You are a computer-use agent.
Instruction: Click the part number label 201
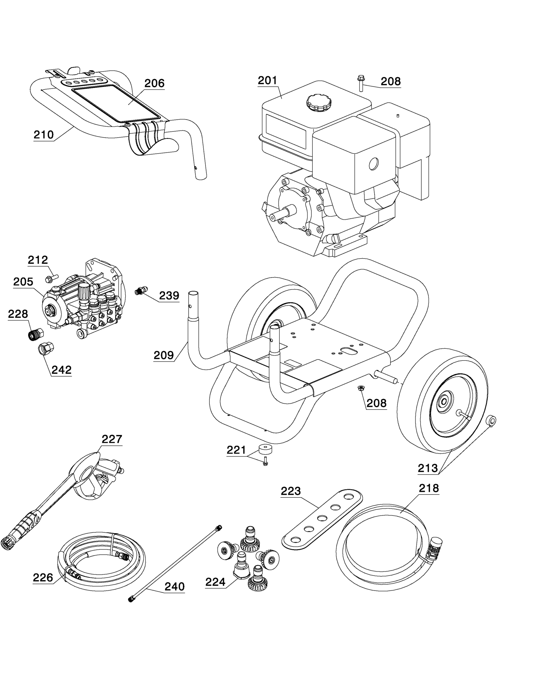pyautogui.click(x=267, y=81)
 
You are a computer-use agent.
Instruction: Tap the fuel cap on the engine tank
pyautogui.click(x=319, y=102)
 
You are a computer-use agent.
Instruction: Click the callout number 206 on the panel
pyautogui.click(x=154, y=83)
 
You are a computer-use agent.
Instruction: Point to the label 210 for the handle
pyautogui.click(x=44, y=134)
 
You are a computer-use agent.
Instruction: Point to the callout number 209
pyautogui.click(x=164, y=355)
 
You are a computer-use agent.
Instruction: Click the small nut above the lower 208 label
pyautogui.click(x=360, y=388)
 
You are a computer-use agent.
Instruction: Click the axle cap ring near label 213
pyautogui.click(x=492, y=420)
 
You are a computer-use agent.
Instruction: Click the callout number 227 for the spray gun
pyautogui.click(x=112, y=439)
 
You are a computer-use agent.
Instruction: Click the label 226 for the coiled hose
pyautogui.click(x=43, y=578)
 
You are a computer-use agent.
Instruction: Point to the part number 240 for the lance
pyautogui.click(x=174, y=587)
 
